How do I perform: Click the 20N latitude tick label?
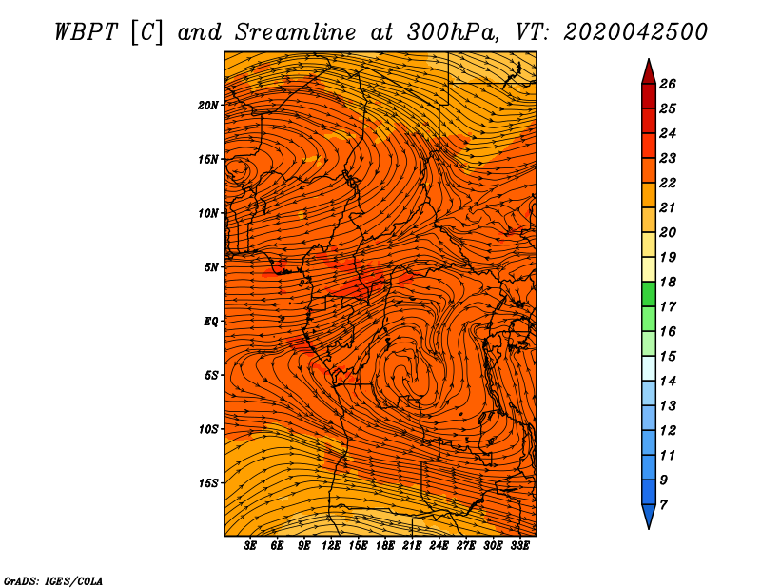point(208,105)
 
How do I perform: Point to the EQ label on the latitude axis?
point(210,321)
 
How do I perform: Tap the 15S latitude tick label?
point(208,482)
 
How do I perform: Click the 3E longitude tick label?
point(251,546)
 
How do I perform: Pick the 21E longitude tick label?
point(412,546)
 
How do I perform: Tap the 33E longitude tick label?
point(519,546)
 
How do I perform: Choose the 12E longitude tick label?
point(331,546)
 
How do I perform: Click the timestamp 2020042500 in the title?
point(635,31)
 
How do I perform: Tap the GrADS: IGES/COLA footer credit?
point(52,579)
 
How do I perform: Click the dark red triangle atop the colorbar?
point(648,70)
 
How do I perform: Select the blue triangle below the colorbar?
point(648,517)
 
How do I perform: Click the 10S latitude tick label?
point(208,429)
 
